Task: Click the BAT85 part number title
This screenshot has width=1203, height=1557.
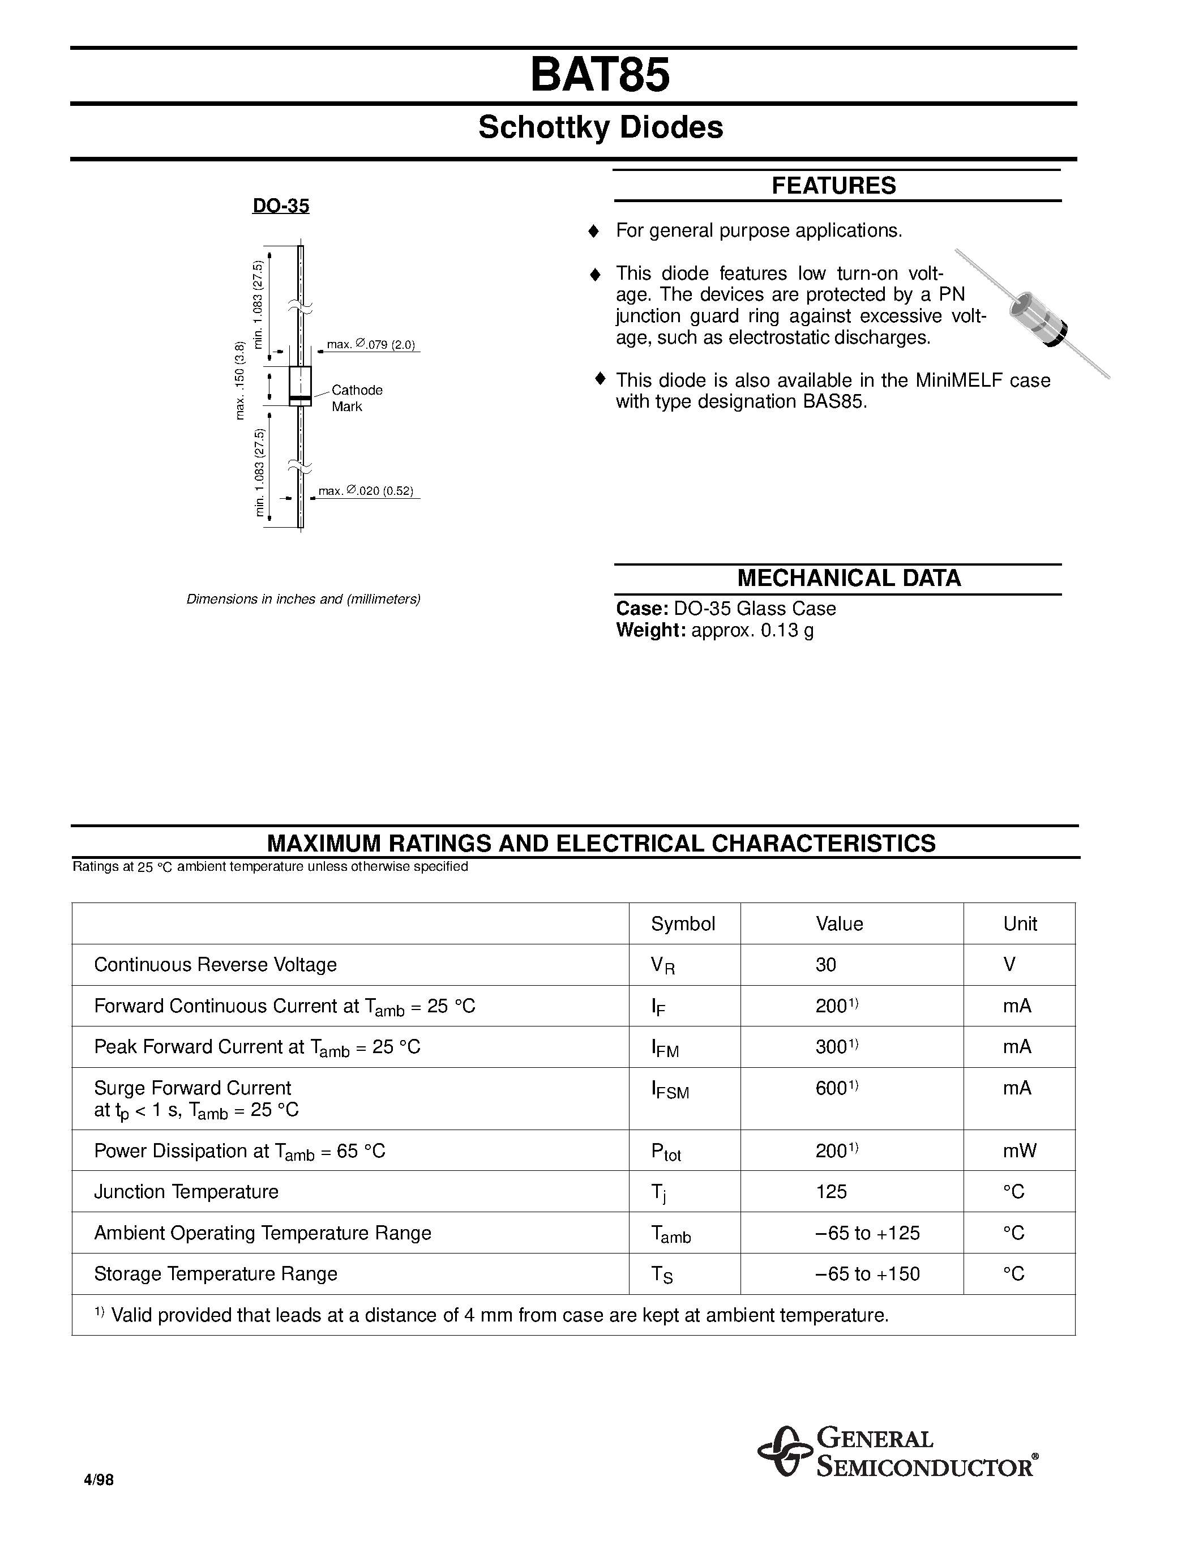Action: pos(600,75)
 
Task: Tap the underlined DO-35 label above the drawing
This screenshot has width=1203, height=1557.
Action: pos(281,206)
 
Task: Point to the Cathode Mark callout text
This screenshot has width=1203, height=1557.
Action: pos(356,398)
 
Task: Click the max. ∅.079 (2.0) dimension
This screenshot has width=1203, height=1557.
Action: pos(371,344)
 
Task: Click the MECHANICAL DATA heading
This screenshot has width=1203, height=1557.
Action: pos(849,578)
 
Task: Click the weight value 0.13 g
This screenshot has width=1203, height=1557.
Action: pos(787,630)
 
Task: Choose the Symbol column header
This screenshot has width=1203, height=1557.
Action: pos(683,924)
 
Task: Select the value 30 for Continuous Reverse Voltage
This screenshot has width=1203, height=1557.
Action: pos(826,965)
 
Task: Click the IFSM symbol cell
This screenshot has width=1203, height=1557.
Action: pos(670,1090)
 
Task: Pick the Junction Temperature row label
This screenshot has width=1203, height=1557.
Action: pos(186,1192)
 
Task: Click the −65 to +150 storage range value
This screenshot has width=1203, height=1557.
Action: pos(867,1274)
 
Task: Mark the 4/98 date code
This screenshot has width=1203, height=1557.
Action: pos(99,1480)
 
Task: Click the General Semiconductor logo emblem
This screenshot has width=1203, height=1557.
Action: pos(784,1452)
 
